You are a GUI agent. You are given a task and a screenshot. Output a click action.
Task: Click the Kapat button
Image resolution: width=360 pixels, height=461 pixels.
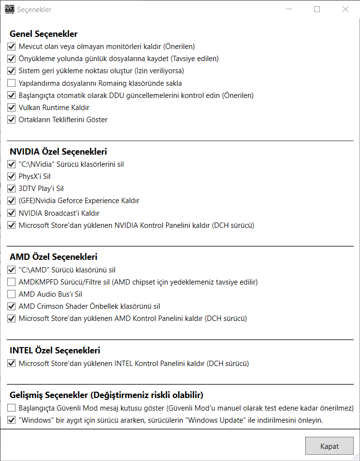(x=329, y=446)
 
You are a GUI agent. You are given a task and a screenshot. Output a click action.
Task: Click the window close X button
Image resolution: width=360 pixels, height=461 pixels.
(x=345, y=9)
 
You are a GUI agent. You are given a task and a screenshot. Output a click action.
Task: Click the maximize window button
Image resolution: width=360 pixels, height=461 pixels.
(x=317, y=9)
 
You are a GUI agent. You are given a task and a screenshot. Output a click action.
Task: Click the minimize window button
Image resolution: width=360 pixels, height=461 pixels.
(x=288, y=9)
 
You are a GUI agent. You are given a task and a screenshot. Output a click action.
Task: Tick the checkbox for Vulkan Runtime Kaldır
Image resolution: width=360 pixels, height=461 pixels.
(x=12, y=108)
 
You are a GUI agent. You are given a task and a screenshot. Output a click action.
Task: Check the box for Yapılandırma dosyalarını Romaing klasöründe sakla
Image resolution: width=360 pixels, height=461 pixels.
(x=12, y=83)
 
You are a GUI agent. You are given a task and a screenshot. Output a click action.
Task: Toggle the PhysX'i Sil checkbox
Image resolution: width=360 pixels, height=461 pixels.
(x=12, y=176)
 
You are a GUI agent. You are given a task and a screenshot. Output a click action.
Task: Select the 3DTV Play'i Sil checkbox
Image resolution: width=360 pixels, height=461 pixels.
(x=12, y=189)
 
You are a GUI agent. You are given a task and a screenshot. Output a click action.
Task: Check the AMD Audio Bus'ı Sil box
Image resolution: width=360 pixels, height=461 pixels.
(x=12, y=294)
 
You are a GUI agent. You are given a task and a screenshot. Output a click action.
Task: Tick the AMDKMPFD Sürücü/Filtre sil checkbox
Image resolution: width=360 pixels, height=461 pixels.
(x=12, y=282)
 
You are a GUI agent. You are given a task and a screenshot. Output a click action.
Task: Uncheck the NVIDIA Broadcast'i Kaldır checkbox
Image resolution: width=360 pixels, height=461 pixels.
(x=12, y=213)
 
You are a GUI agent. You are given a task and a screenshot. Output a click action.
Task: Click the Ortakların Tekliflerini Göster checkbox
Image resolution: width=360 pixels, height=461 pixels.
(x=12, y=120)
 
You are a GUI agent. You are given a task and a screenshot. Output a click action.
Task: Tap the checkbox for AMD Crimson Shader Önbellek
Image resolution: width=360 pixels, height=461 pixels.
(x=12, y=306)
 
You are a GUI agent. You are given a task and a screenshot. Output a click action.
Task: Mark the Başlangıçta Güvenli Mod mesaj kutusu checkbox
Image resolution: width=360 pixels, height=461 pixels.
(x=12, y=408)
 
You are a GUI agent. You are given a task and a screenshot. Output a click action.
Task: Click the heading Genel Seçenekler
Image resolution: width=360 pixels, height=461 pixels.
(x=44, y=34)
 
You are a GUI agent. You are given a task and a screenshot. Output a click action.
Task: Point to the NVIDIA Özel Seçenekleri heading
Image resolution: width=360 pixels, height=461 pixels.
(x=58, y=152)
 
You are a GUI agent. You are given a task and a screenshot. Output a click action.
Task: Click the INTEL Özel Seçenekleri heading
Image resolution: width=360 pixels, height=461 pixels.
(x=55, y=350)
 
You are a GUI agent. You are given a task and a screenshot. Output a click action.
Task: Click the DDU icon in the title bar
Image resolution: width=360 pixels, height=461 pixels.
(x=9, y=9)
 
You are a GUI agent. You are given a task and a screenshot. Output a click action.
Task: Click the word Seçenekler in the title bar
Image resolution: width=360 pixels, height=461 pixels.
(x=34, y=10)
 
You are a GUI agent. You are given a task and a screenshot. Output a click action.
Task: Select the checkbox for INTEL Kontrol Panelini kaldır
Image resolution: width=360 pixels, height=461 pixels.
(x=12, y=363)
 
